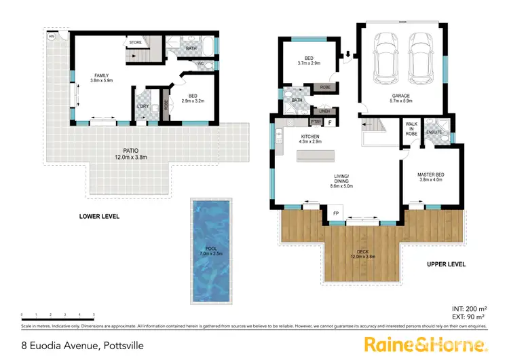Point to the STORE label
click(x=135, y=42)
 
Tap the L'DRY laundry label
click(x=143, y=106)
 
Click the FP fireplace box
click(x=335, y=213)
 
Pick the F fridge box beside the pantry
click(x=330, y=122)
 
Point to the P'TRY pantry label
click(x=315, y=122)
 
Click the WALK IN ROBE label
click(x=411, y=128)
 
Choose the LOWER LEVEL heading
click(x=99, y=217)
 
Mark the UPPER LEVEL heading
click(x=447, y=264)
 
